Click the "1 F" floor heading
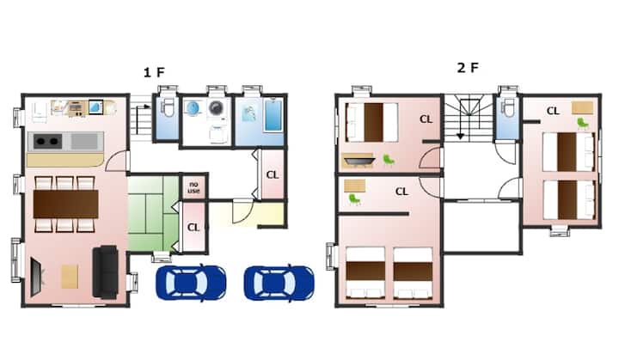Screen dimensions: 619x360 click(154, 72)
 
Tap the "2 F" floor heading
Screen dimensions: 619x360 click(468, 68)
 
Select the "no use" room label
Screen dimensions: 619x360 click(193, 187)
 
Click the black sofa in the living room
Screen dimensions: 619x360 click(106, 272)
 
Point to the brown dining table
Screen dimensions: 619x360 click(65, 204)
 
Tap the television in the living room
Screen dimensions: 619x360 click(35, 277)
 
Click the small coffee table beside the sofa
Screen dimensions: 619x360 click(70, 277)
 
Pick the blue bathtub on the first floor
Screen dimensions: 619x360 click(273, 115)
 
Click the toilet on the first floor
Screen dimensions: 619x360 click(169, 107)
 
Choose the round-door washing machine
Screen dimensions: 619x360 click(216, 107)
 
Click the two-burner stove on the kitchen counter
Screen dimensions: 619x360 click(48, 141)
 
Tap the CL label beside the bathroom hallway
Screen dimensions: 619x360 click(273, 175)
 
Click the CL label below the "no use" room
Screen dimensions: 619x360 click(193, 228)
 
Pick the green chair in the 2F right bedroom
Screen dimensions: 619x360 click(583, 124)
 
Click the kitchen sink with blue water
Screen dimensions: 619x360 click(96, 107)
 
